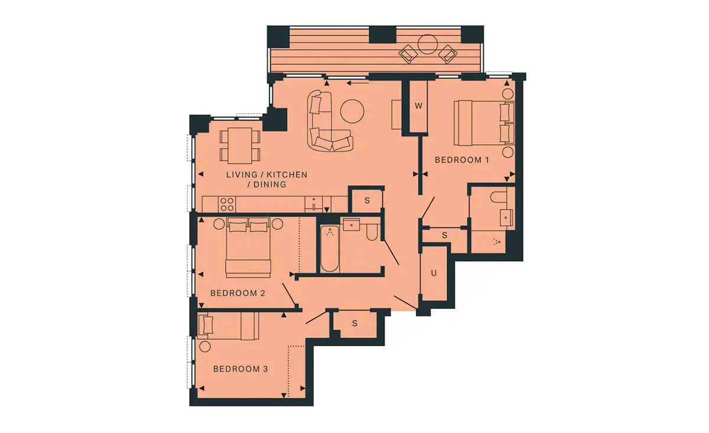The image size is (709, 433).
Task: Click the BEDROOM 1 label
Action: [x=462, y=160]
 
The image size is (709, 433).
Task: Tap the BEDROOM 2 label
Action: [x=238, y=293]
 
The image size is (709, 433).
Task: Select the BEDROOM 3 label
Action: [x=240, y=369]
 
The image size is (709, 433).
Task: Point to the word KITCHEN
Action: [x=287, y=175]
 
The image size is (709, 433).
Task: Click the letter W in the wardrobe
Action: [x=418, y=106]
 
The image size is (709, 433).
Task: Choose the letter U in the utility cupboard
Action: [x=434, y=273]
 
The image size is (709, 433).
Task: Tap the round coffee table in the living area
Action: [x=352, y=111]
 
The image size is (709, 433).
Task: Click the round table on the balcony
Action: [x=428, y=44]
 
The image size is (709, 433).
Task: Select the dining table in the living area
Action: [x=240, y=145]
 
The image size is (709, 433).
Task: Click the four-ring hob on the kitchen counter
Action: [x=227, y=204]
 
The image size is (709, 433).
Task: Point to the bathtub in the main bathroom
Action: [x=330, y=249]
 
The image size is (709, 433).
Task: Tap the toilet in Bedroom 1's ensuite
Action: [x=499, y=197]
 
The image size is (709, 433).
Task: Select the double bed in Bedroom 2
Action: [x=248, y=247]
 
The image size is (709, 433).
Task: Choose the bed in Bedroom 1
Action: [x=484, y=123]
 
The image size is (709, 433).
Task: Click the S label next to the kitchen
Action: [x=367, y=201]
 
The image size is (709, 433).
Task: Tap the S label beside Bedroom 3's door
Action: [x=355, y=324]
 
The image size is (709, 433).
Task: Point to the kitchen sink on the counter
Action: [x=314, y=204]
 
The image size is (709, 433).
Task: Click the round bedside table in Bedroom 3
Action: [x=205, y=347]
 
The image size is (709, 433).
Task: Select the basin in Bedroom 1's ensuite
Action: [x=506, y=218]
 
